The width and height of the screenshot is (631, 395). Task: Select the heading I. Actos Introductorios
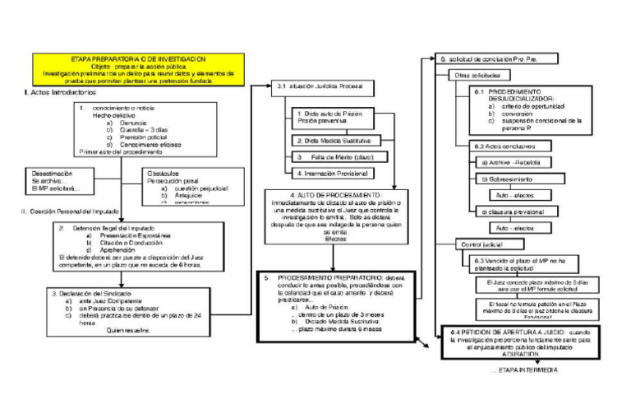[x=62, y=92]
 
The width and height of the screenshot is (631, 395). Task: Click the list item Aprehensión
[x=117, y=249]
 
